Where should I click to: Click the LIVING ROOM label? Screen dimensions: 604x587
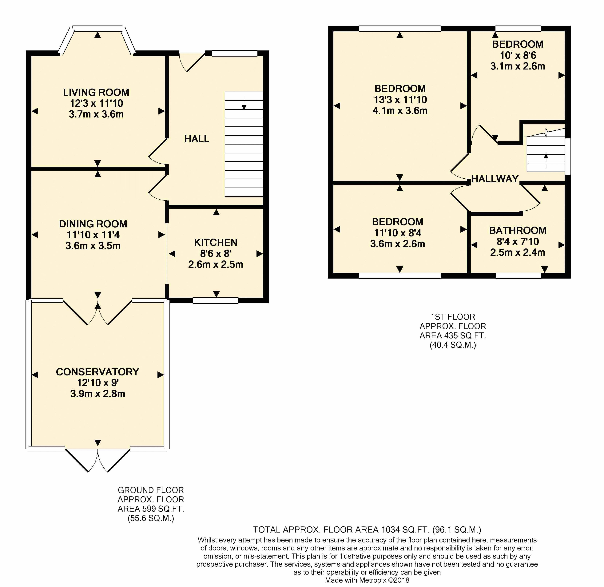pos(96,93)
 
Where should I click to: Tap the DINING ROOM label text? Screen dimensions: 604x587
pos(93,224)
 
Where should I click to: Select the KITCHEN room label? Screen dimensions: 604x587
pos(216,243)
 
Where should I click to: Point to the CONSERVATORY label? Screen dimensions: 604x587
pos(97,372)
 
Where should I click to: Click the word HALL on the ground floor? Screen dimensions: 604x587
pos(197,139)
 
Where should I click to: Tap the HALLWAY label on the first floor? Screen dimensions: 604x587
pos(495,179)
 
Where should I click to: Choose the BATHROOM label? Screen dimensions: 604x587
pos(518,230)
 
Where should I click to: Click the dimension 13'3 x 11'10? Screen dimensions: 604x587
pos(400,100)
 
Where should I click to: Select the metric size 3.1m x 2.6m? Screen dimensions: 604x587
pos(518,66)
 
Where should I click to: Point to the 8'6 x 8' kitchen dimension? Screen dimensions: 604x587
pos(216,253)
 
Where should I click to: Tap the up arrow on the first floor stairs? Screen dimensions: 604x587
pos(546,160)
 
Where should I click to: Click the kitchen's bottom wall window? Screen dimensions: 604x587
pos(216,301)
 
